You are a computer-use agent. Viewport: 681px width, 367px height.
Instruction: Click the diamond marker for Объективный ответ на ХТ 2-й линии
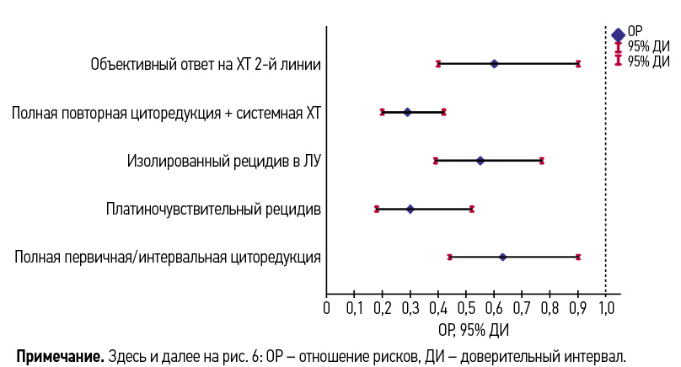click(494, 64)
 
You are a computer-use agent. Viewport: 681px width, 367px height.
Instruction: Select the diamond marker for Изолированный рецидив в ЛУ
click(480, 160)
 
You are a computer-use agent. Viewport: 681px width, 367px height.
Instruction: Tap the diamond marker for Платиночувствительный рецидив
click(410, 209)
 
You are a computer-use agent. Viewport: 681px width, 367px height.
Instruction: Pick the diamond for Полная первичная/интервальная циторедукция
click(502, 257)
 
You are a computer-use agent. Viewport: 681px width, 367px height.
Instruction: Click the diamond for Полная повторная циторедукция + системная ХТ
click(407, 111)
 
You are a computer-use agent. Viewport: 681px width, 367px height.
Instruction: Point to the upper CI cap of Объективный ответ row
click(578, 64)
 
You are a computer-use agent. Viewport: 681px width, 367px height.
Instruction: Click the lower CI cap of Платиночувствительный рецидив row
click(377, 209)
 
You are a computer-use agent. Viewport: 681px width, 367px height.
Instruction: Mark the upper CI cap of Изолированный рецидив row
click(542, 160)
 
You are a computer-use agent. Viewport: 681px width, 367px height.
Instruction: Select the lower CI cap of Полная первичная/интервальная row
click(450, 257)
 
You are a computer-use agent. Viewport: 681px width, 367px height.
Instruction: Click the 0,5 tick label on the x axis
click(466, 309)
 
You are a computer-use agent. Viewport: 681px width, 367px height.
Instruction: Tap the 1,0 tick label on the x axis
click(605, 309)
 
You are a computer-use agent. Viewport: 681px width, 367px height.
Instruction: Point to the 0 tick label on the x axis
click(327, 309)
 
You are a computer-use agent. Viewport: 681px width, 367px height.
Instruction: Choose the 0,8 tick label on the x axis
click(550, 309)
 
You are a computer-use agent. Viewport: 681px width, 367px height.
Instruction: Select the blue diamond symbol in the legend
click(618, 35)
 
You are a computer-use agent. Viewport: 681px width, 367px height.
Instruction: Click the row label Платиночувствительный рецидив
click(212, 209)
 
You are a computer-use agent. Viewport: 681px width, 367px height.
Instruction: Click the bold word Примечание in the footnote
click(59, 354)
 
